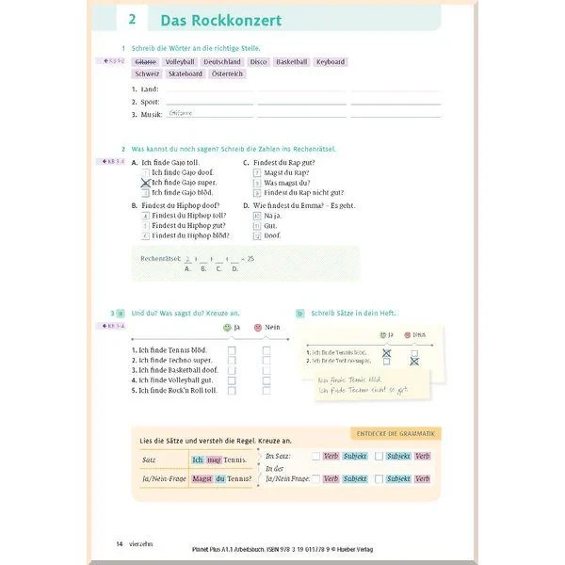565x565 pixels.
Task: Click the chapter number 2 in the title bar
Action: tap(132, 20)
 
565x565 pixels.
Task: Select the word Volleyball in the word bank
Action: tap(179, 62)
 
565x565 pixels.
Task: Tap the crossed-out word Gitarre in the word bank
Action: tap(145, 62)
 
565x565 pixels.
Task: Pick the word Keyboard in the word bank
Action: tap(330, 62)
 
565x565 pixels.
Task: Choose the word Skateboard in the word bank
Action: tap(186, 73)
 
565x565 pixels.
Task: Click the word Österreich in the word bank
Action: tap(227, 73)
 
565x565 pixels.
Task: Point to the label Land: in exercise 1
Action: tap(146, 89)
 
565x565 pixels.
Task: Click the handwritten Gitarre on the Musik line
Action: tap(179, 113)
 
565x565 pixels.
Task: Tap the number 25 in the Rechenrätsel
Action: tap(250, 258)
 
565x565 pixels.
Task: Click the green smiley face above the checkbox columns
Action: tap(226, 328)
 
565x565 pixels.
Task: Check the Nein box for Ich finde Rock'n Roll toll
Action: tap(266, 389)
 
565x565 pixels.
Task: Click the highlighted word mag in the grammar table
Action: tap(214, 459)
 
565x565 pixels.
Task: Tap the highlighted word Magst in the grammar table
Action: tap(202, 478)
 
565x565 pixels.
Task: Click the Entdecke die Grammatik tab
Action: tap(395, 433)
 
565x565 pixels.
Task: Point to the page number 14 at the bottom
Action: tap(120, 543)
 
